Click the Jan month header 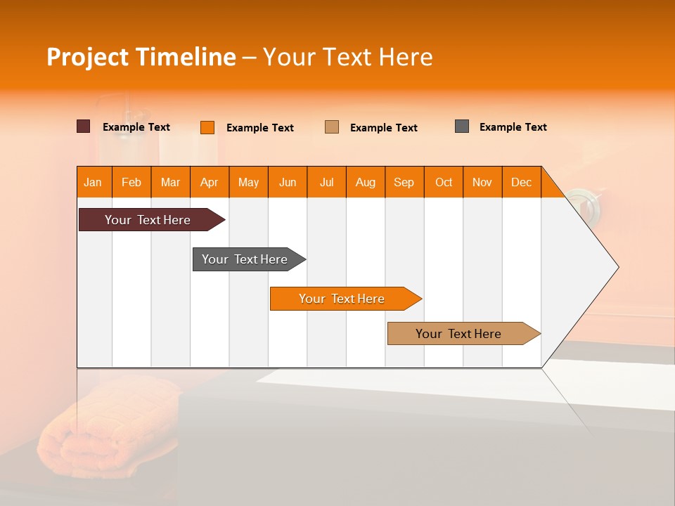(93, 182)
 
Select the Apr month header (209, 182)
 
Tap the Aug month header (365, 182)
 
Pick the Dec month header (521, 182)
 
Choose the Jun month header (287, 182)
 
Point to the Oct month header (443, 182)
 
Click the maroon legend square (83, 126)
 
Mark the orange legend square (207, 127)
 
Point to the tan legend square (331, 126)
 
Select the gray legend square (461, 126)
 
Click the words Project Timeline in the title (141, 57)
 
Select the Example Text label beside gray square (513, 127)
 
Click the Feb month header (131, 182)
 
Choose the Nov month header (482, 182)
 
